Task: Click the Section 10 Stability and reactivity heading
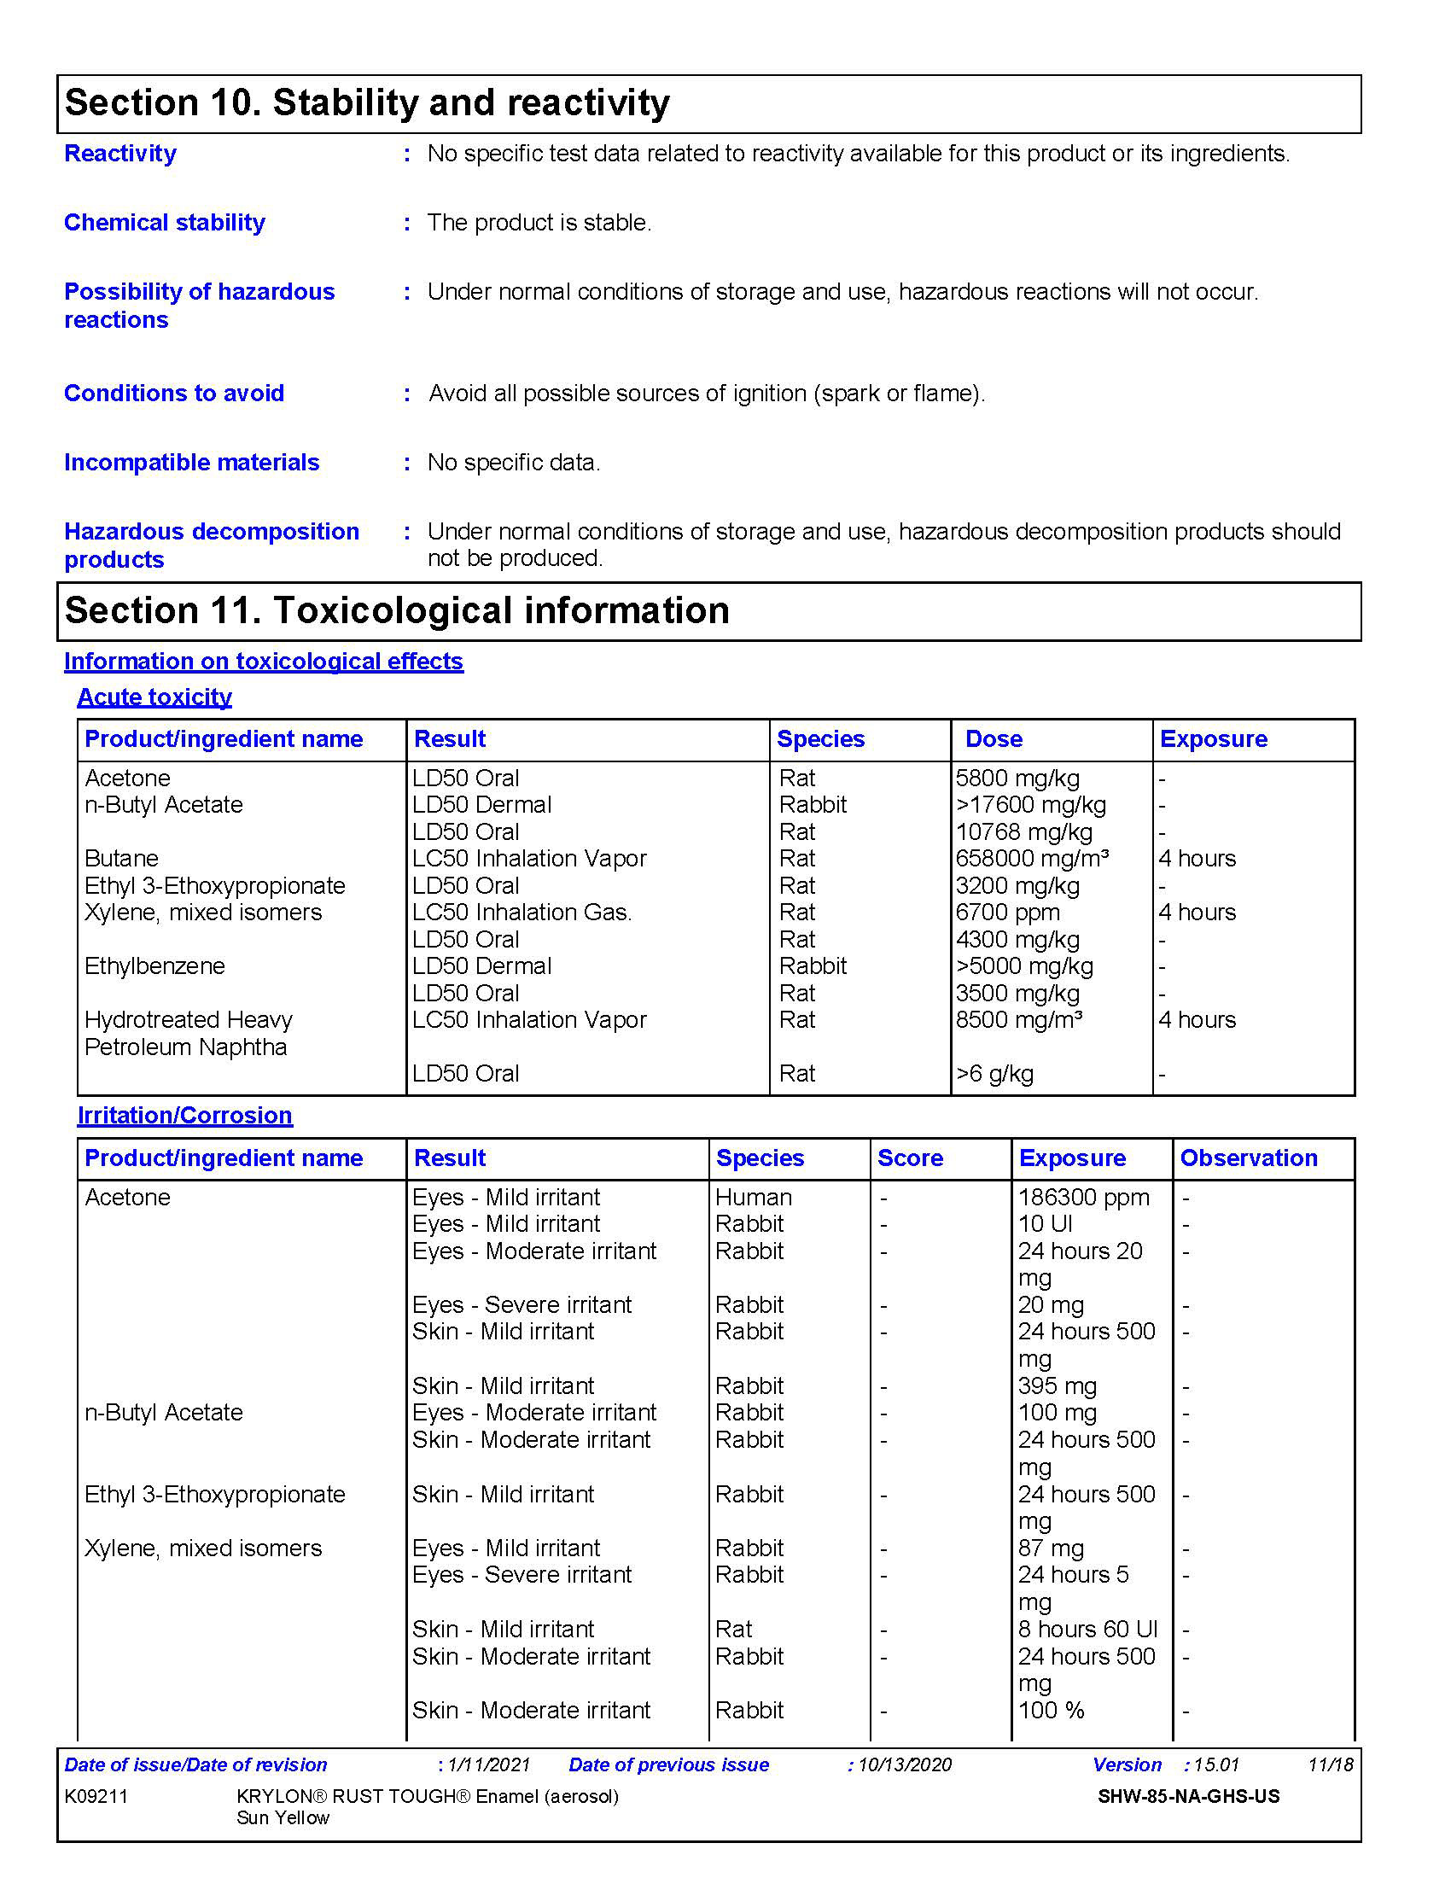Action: pyautogui.click(x=367, y=103)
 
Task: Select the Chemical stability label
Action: pyautogui.click(x=164, y=223)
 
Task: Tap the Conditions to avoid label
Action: pyautogui.click(x=173, y=394)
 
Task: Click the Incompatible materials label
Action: pyautogui.click(x=192, y=463)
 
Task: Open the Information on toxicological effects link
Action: pyautogui.click(x=263, y=662)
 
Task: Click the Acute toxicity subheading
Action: pyautogui.click(x=154, y=697)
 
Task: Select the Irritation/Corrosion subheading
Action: pyautogui.click(x=185, y=1116)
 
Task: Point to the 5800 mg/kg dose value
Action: pyautogui.click(x=1017, y=779)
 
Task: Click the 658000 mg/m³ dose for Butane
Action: pyautogui.click(x=1032, y=858)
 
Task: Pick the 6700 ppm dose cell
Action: pyautogui.click(x=1007, y=913)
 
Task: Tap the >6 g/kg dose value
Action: pyautogui.click(x=994, y=1074)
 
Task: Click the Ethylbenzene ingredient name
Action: pyautogui.click(x=154, y=966)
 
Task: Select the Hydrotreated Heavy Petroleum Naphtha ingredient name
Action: pyautogui.click(x=189, y=1034)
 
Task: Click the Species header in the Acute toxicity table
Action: pyautogui.click(x=820, y=739)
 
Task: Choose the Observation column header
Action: pyautogui.click(x=1248, y=1158)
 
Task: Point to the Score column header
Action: pyautogui.click(x=910, y=1158)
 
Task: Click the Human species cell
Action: pyautogui.click(x=753, y=1198)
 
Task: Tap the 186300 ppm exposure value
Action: pyautogui.click(x=1083, y=1198)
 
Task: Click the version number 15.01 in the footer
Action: pyautogui.click(x=1216, y=1765)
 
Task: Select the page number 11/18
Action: pyautogui.click(x=1330, y=1765)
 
